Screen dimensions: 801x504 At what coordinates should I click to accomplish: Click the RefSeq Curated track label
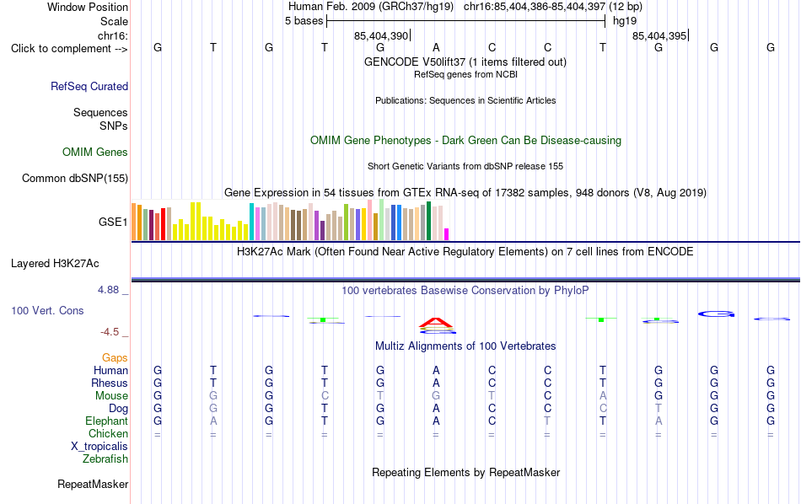coord(89,86)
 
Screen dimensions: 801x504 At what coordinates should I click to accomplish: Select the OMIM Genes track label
coord(95,153)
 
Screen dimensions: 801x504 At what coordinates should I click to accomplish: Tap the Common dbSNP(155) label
coord(75,178)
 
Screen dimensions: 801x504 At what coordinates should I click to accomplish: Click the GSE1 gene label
coord(113,222)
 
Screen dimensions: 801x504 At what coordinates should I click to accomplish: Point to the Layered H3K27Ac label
coord(55,264)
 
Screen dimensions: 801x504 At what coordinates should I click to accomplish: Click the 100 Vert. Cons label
coord(47,310)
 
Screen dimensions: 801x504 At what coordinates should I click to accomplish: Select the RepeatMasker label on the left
coord(93,484)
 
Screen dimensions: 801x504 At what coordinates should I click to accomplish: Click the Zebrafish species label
coord(105,459)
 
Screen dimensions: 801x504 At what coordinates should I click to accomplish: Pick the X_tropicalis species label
coord(99,447)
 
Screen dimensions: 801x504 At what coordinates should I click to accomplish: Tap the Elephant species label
coord(107,421)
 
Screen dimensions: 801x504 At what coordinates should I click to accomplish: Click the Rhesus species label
coord(110,383)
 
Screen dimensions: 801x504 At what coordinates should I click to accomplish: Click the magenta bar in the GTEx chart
coord(447,233)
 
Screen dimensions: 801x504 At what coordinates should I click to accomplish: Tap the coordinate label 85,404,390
coord(381,35)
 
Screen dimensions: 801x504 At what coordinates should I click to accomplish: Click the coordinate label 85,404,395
coord(659,35)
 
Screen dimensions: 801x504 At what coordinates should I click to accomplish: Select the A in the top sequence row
coord(436,47)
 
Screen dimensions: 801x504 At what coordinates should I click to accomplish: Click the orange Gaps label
coord(115,358)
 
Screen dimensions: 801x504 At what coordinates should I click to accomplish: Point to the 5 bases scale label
coord(304,21)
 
